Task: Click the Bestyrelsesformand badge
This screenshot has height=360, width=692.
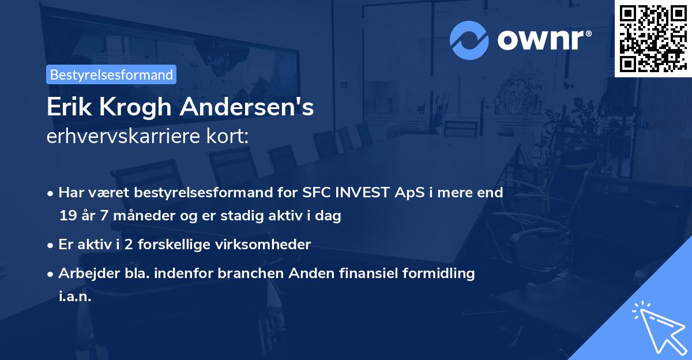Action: point(111,74)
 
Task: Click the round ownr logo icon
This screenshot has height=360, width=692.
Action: point(469,39)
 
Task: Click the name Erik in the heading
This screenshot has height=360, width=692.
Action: point(65,107)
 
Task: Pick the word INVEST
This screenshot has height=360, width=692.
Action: point(359,193)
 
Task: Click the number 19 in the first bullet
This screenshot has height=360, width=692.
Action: point(67,216)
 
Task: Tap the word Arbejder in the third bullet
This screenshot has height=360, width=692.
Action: point(84,273)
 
